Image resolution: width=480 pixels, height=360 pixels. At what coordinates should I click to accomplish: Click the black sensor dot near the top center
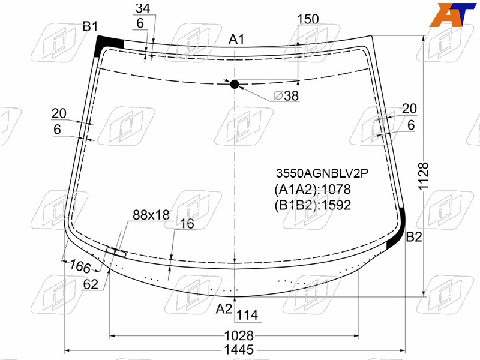(235, 84)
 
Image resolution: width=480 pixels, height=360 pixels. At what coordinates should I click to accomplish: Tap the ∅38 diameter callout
(286, 95)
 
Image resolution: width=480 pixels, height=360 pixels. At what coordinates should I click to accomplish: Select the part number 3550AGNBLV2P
(322, 173)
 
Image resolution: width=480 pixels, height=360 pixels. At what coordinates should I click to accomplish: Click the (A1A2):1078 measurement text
(313, 189)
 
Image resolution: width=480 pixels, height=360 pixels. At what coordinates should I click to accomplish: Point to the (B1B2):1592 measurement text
(313, 205)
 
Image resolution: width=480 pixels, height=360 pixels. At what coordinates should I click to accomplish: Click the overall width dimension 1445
(239, 350)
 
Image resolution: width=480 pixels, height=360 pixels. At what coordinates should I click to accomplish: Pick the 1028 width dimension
(239, 336)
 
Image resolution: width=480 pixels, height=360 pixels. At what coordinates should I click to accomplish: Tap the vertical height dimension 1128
(424, 176)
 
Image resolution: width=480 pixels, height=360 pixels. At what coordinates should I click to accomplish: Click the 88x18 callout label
(151, 215)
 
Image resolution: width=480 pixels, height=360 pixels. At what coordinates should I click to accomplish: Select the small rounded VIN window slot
(116, 252)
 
